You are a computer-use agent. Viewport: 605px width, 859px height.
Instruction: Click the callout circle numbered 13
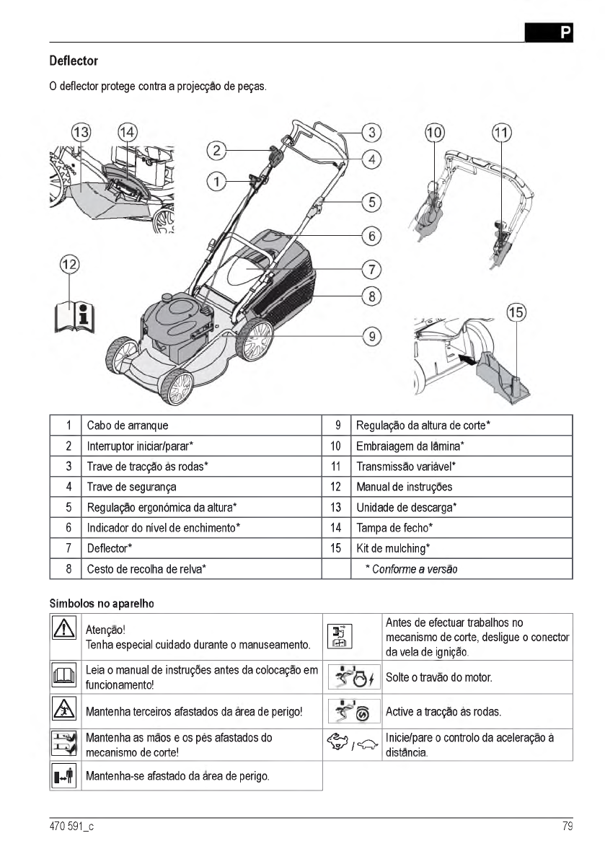pos(81,133)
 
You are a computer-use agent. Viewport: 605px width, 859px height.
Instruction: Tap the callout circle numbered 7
pos(371,270)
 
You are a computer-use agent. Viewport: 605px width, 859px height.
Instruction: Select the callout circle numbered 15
pos(516,313)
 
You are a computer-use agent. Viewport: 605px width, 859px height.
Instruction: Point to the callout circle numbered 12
pos(69,265)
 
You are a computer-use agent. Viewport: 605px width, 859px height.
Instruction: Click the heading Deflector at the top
pos(74,61)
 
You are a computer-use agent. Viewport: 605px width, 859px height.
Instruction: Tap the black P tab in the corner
pos(549,32)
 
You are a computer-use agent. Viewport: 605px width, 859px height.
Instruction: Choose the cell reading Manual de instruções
pos(405,487)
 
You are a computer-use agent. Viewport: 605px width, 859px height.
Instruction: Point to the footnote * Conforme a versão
pos(410,569)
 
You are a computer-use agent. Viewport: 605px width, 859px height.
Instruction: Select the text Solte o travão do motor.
pos(439,678)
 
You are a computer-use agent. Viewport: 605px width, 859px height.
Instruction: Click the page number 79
pos(567,827)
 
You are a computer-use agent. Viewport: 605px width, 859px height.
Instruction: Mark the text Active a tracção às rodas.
pos(443,713)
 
